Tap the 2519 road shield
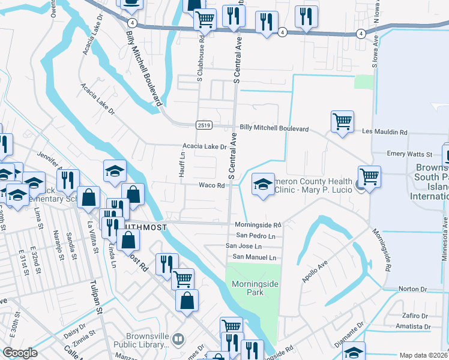(x=202, y=124)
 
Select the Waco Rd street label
(x=212, y=185)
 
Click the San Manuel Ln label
(x=255, y=257)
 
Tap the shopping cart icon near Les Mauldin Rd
(x=342, y=121)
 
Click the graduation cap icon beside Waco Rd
(x=262, y=184)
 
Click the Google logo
(x=20, y=352)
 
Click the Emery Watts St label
(x=409, y=154)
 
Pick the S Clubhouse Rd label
(x=200, y=58)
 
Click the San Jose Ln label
(x=244, y=246)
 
